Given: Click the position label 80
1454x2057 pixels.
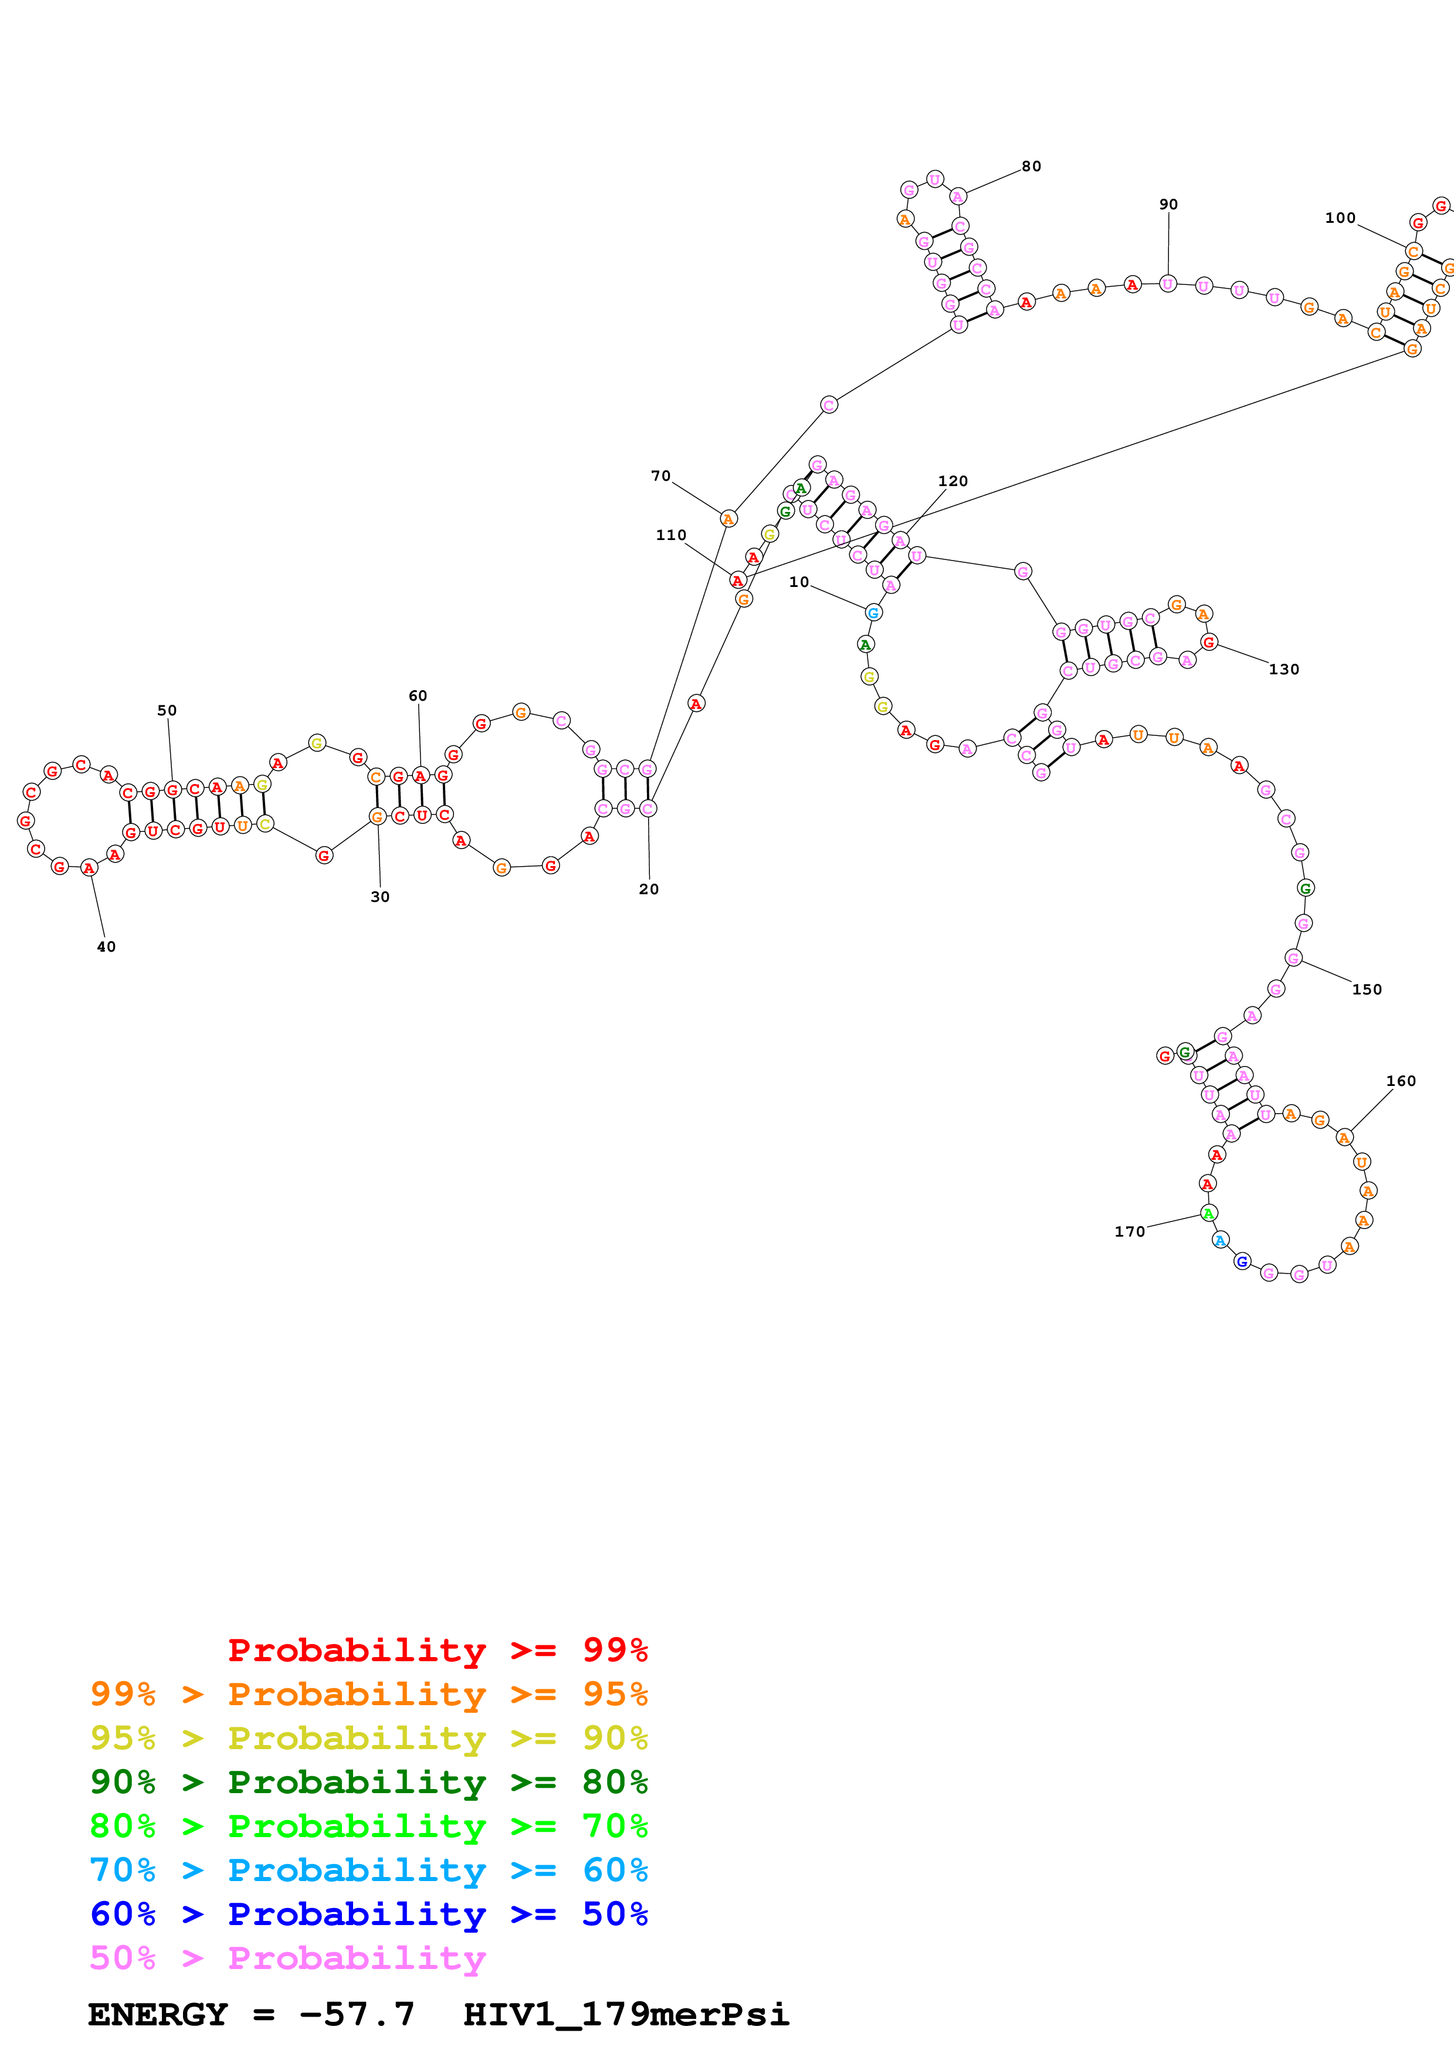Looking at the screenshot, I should click(x=1031, y=166).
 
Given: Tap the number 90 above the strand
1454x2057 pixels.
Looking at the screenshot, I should click(x=1168, y=204).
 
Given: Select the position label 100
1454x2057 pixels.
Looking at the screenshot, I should click(x=1340, y=218).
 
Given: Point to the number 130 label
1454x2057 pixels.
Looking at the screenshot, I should click(x=1284, y=669).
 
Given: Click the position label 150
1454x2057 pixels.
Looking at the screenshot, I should click(x=1366, y=989).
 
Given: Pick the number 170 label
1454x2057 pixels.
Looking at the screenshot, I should click(x=1130, y=1232).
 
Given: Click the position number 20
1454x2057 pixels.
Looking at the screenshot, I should click(x=649, y=889).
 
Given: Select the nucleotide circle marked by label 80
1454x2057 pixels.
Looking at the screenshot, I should click(x=958, y=196).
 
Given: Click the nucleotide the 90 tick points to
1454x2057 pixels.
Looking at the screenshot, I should click(x=1167, y=284).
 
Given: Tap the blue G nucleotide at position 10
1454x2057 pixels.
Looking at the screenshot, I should click(x=873, y=613).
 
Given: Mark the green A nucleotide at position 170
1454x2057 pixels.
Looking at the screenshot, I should click(x=1208, y=1214).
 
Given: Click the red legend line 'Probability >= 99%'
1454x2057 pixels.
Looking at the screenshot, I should click(x=437, y=1650).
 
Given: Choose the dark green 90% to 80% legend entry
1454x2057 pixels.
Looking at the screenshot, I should click(x=369, y=1782).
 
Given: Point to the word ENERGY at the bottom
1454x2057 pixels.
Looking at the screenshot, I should click(x=158, y=2014).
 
